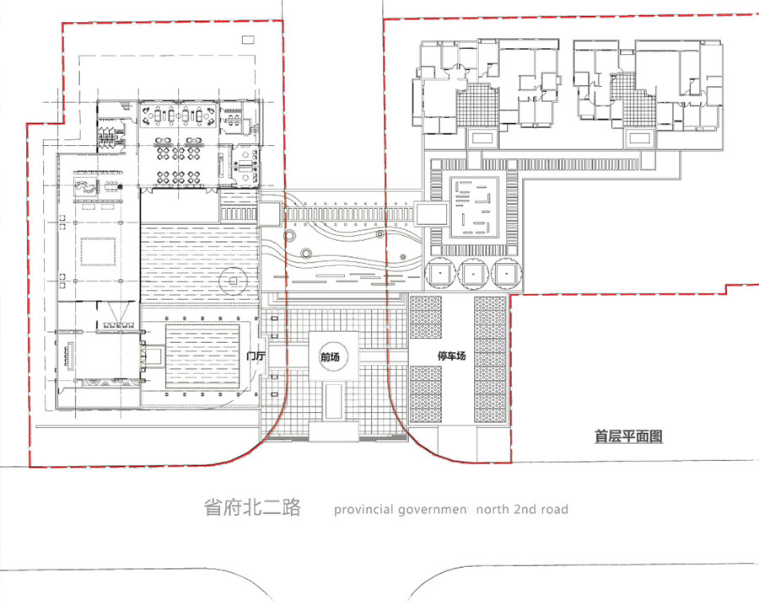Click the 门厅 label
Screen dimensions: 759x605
256,356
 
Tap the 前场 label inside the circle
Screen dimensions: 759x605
330,357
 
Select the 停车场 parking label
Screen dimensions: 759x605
452,356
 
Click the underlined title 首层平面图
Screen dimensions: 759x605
628,436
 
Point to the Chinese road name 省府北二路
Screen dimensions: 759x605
252,507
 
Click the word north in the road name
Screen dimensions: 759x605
493,509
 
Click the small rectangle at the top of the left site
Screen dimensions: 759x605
248,40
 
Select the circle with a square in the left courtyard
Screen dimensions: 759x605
233,281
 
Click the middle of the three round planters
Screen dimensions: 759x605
473,273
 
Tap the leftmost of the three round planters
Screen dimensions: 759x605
440,273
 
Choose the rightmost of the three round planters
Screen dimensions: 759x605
506,273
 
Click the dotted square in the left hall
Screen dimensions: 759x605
100,251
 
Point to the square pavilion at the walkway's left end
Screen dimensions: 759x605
269,214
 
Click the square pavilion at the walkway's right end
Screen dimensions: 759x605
431,214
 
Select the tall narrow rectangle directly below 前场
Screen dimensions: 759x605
333,402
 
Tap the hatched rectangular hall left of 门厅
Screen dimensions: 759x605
202,356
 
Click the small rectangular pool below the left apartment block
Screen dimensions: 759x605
482,139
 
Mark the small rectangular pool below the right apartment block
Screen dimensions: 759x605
639,139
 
